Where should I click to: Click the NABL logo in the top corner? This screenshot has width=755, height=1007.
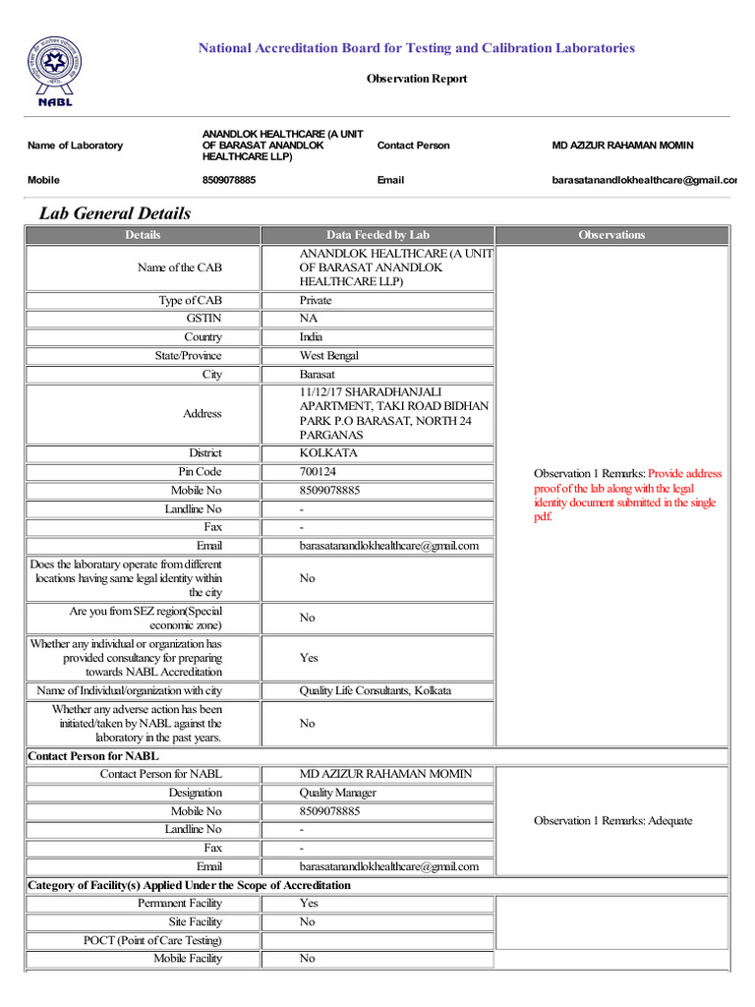point(55,71)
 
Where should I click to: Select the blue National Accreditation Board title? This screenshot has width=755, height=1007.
point(417,48)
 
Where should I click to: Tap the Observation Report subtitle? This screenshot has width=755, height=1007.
point(417,79)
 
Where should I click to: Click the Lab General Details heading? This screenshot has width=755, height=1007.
point(115,213)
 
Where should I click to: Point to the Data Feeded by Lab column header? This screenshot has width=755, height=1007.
point(377,235)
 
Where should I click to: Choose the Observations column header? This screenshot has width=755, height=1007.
point(611,235)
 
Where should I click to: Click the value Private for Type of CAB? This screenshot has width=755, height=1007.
point(316,300)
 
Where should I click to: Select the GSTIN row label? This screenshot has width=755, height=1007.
point(204,319)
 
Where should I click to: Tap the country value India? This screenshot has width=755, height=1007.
point(311,337)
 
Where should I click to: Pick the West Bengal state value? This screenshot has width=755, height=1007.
point(329,356)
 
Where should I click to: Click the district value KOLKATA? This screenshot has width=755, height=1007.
point(328,453)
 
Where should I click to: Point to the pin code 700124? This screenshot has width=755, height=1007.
point(318,472)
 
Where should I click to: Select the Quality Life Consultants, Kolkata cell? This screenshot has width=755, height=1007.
point(376,690)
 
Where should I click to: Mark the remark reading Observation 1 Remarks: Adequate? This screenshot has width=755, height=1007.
point(612,821)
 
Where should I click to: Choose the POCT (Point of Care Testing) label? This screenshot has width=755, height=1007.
point(152,940)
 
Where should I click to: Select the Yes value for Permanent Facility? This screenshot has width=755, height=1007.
point(309,903)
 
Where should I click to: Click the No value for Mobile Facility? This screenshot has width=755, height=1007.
point(308,958)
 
